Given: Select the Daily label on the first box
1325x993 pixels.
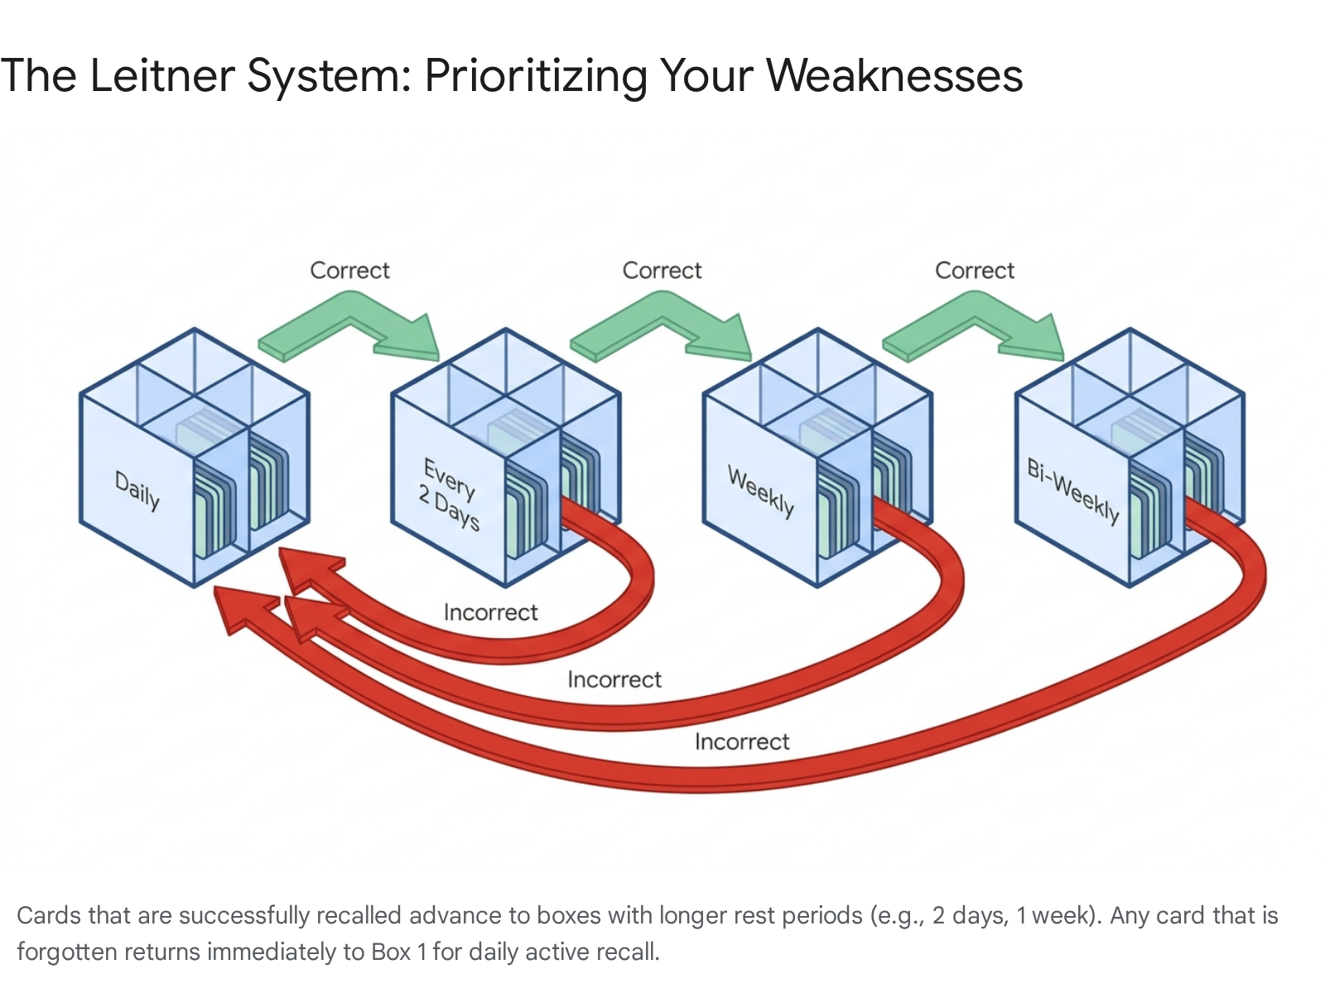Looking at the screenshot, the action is tap(137, 491).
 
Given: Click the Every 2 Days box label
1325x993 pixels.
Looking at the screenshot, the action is tap(449, 494).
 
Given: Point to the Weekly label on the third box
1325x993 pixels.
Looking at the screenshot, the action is tap(761, 492).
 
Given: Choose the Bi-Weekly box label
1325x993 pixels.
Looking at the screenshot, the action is tap(1073, 491).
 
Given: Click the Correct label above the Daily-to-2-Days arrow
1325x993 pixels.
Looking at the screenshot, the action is tap(349, 271).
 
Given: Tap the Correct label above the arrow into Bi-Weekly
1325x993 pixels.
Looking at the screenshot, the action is tap(974, 271).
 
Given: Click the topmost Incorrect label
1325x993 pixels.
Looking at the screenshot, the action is tap(490, 612).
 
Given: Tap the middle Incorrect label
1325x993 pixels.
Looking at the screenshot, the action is tap(614, 679).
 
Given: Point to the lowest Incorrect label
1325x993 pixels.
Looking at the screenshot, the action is tap(742, 741).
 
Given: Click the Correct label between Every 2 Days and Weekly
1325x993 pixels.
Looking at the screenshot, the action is tap(662, 271).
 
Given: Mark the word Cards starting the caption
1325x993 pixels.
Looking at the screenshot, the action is tap(48, 915).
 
